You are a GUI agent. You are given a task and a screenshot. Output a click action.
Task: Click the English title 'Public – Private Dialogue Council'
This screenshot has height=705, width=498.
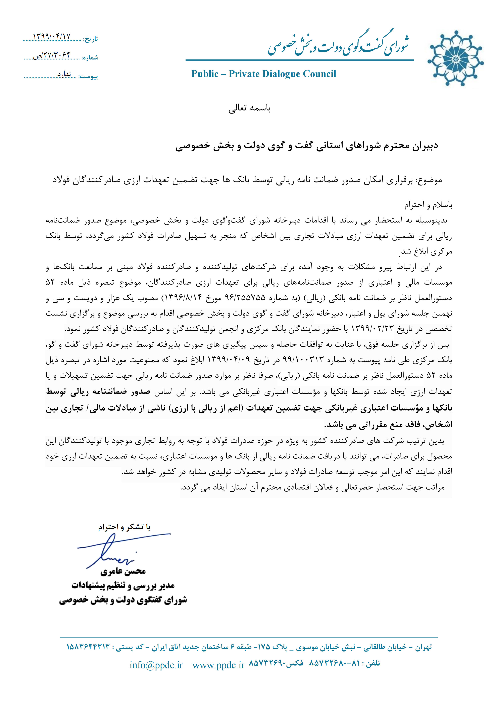(264, 74)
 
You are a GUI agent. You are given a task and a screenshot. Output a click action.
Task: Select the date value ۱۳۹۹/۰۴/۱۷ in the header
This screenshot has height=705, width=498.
(52, 36)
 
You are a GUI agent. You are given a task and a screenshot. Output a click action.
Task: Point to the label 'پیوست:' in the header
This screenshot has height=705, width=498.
(88, 76)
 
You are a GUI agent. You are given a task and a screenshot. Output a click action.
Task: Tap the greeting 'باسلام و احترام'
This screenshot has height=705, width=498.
(428, 205)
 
